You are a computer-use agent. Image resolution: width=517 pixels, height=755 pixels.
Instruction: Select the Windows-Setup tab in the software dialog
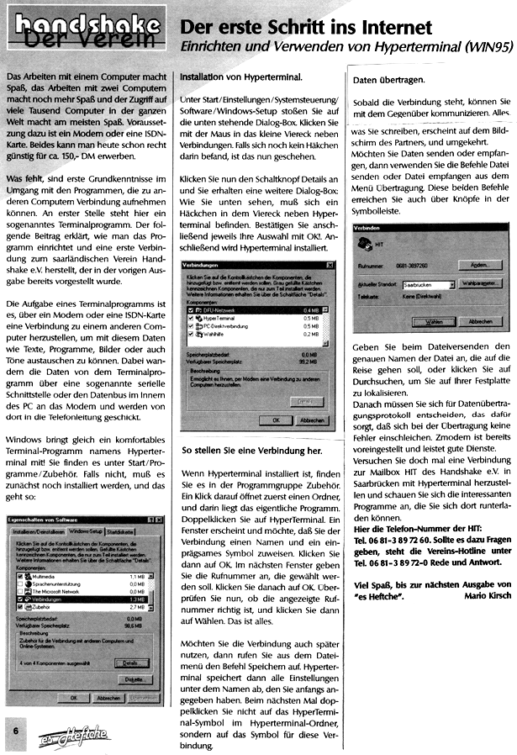85,532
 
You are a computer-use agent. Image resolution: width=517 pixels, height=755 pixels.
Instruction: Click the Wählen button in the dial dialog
430,321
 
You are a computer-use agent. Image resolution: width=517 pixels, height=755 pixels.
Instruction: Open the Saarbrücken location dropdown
451,285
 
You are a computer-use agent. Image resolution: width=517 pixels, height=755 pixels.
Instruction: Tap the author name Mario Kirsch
487,618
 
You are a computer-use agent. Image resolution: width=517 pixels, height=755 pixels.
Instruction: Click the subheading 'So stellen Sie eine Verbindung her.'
250,450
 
